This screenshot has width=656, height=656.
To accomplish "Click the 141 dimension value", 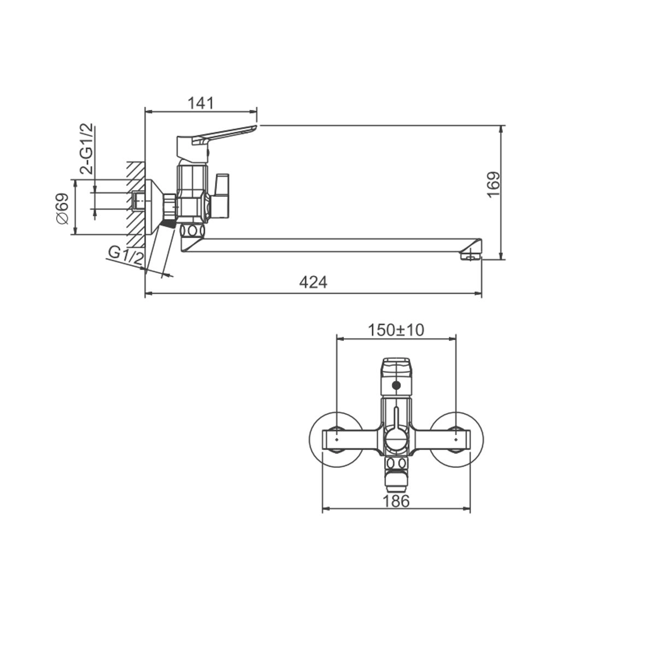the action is (x=201, y=103).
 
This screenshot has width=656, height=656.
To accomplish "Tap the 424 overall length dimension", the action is (x=313, y=283).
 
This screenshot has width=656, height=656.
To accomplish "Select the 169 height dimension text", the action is (x=493, y=185).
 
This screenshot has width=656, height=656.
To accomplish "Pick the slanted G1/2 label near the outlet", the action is (x=125, y=256).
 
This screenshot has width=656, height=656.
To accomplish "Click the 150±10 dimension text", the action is (x=396, y=330).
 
